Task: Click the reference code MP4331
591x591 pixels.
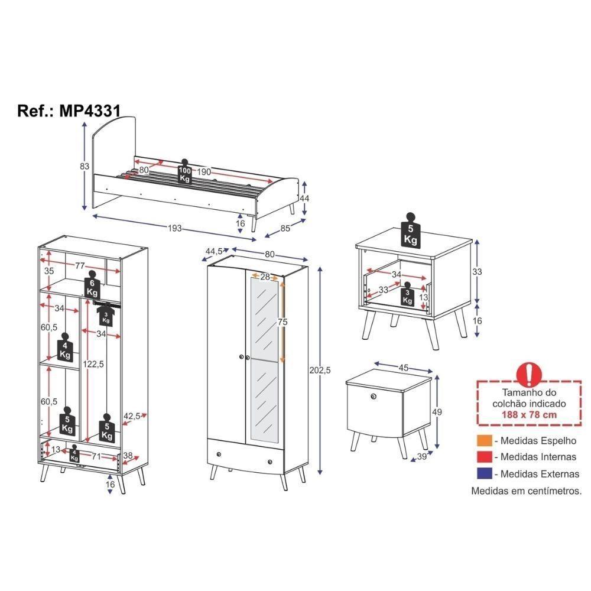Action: click(90, 111)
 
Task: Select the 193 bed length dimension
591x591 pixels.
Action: click(174, 228)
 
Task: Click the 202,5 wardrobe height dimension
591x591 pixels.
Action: click(320, 371)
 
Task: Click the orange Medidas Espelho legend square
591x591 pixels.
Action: click(484, 441)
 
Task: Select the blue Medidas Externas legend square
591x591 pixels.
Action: click(484, 473)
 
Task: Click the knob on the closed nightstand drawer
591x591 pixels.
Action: click(374, 395)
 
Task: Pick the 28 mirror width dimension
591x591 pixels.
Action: click(265, 277)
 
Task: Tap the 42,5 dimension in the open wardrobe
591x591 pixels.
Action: click(132, 416)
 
